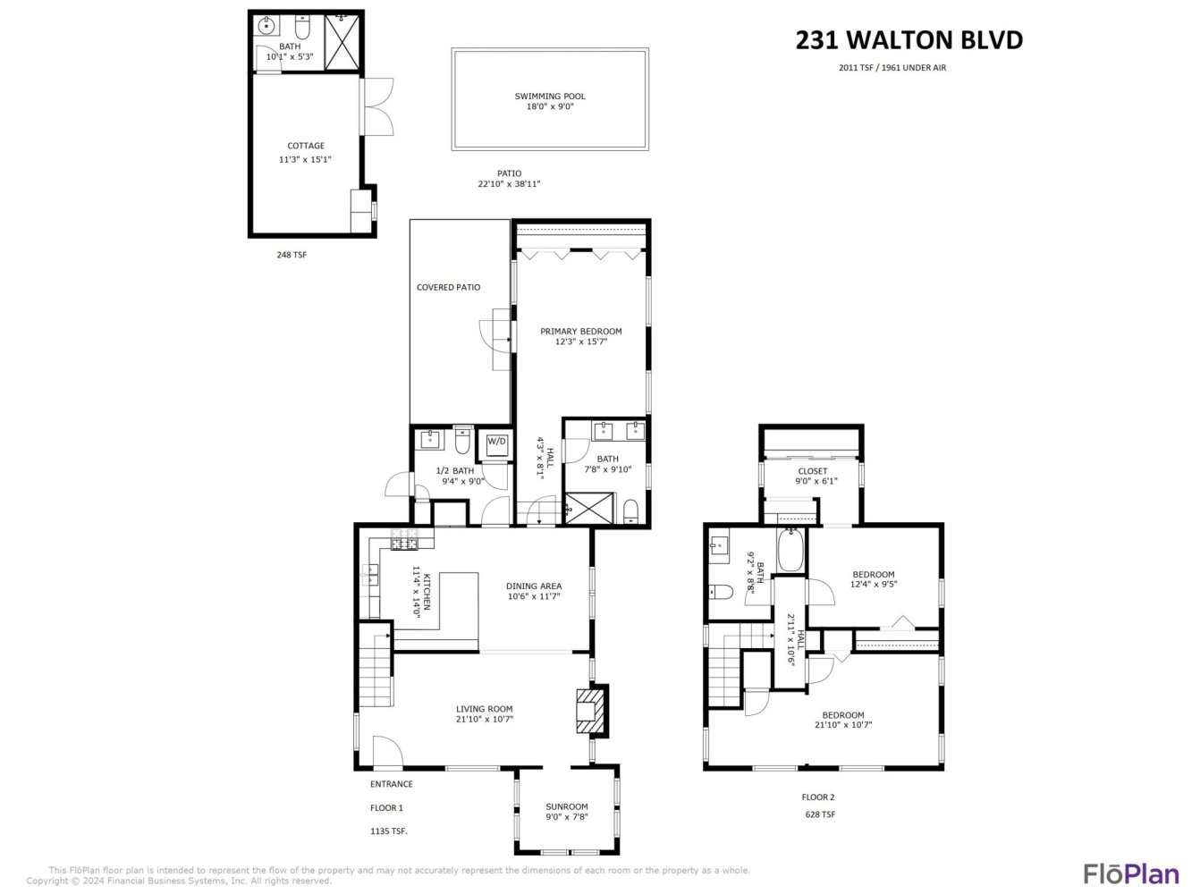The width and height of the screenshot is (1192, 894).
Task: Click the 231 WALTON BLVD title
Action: click(x=909, y=40)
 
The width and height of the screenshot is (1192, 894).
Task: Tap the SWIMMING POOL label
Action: click(x=550, y=96)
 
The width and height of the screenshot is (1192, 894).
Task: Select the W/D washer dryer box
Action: click(x=496, y=445)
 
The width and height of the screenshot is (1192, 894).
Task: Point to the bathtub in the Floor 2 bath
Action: click(x=790, y=551)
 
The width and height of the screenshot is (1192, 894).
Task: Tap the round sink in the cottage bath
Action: click(x=266, y=25)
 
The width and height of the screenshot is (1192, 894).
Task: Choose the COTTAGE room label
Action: click(x=306, y=146)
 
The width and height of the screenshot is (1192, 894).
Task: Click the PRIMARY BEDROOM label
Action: click(x=580, y=331)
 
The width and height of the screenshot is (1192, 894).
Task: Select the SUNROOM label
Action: click(x=566, y=806)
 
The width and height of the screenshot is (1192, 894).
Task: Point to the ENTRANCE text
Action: click(x=391, y=784)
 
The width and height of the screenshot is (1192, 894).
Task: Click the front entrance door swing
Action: click(x=387, y=753)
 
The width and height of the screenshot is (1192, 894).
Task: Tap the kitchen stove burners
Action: click(x=404, y=539)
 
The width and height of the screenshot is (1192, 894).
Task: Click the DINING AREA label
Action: click(x=533, y=586)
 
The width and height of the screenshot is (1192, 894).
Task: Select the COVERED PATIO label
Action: click(x=448, y=287)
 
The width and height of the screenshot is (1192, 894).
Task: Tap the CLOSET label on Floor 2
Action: click(x=813, y=471)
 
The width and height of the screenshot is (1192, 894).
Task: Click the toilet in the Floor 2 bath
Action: click(x=721, y=591)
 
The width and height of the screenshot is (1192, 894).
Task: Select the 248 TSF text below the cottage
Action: click(x=292, y=255)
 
